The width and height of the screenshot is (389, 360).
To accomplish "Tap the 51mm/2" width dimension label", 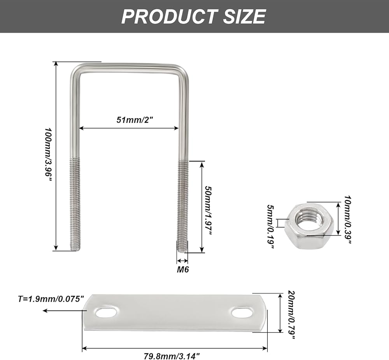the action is [135, 119].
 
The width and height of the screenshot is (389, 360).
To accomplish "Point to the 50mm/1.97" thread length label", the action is [208, 211].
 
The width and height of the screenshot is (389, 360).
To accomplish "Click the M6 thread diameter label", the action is [183, 269].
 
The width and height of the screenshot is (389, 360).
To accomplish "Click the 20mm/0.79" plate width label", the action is [291, 315].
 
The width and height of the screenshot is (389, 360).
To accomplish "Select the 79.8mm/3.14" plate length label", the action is [172, 356].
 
